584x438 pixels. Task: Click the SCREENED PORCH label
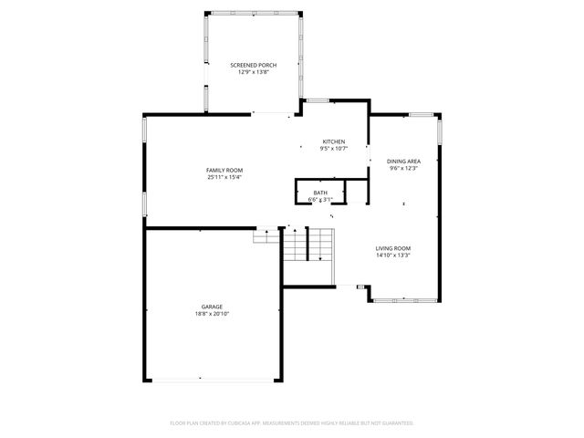[x=253, y=65]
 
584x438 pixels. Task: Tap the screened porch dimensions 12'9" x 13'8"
[x=253, y=72]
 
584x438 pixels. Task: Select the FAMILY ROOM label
[x=224, y=171]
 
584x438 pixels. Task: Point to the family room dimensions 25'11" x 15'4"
[x=224, y=178]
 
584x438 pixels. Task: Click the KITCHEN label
[x=333, y=141]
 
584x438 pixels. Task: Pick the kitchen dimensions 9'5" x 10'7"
[x=333, y=149]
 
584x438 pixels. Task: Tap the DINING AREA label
[x=403, y=161]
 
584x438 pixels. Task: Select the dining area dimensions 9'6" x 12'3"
[x=403, y=168]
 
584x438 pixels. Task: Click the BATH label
[x=320, y=193]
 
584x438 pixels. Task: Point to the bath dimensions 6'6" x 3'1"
[x=320, y=200]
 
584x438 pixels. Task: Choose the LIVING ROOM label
[x=393, y=248]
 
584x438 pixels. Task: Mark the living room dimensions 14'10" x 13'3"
[x=393, y=255]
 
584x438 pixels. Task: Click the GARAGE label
[x=212, y=307]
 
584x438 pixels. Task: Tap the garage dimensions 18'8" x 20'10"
[x=212, y=314]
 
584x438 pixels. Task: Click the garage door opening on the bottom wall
[x=212, y=379]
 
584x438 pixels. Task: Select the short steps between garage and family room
[x=266, y=235]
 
